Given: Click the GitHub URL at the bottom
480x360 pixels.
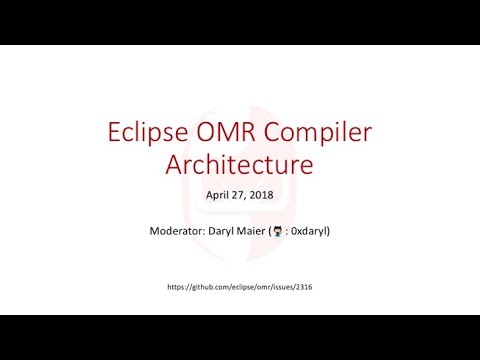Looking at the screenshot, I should point(240,287).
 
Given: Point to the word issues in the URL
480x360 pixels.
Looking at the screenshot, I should point(286,287).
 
